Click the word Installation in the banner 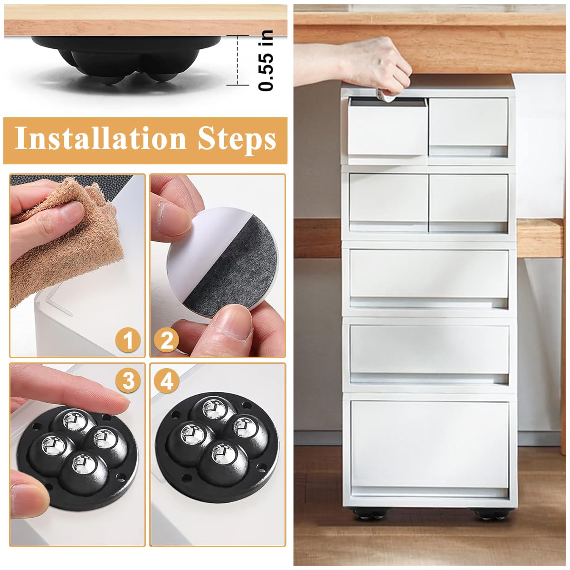pos(100,138)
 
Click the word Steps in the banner pos(237,140)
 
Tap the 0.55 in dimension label pos(266,61)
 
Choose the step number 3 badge pos(128,380)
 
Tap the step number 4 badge pos(166,380)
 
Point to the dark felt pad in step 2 pos(234,266)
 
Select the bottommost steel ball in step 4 pos(224,454)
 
